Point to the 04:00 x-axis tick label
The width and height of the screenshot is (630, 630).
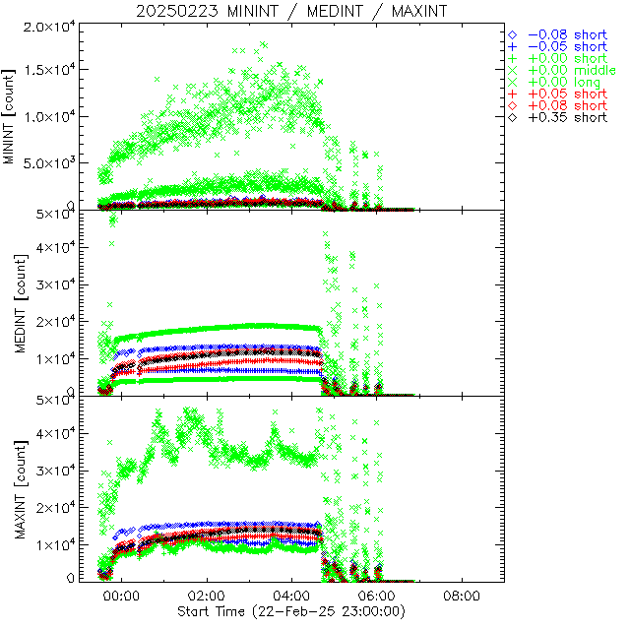tap(292, 597)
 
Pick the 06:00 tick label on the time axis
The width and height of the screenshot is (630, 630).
tap(377, 597)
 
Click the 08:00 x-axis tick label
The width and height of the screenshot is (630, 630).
tap(463, 597)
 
